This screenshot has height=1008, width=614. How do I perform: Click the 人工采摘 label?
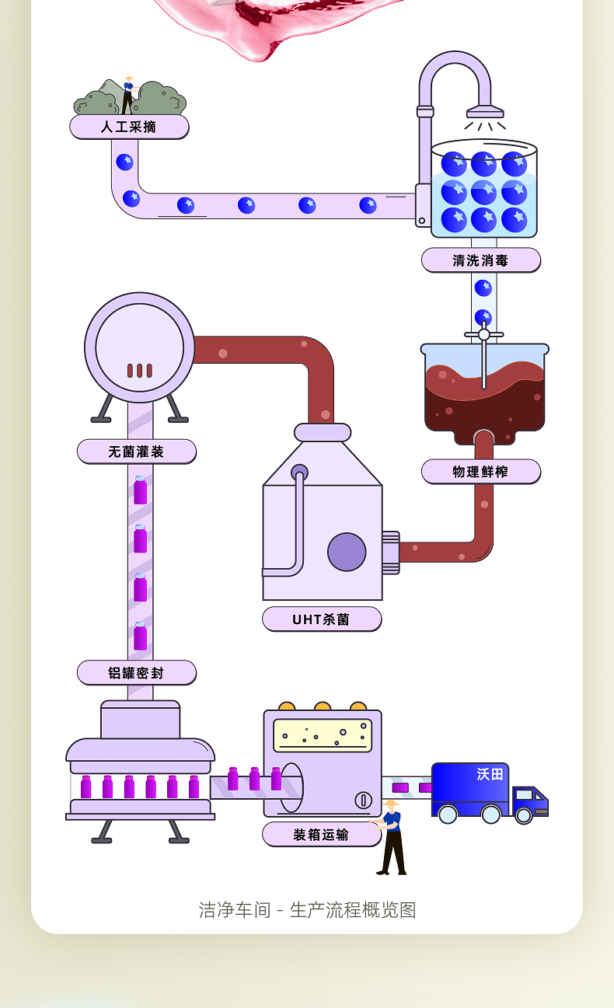point(129,127)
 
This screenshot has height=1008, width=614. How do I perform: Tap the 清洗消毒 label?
point(481,260)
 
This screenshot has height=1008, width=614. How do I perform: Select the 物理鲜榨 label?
point(481,472)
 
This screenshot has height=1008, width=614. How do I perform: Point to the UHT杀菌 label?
point(322,619)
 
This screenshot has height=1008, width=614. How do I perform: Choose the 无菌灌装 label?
point(136,452)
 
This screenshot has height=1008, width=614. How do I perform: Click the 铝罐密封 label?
point(136,673)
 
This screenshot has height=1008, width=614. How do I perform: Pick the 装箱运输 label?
point(322,834)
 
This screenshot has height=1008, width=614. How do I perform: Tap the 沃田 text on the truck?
point(490,774)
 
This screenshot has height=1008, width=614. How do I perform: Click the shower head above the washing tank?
point(485,112)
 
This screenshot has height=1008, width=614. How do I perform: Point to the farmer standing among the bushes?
point(129,95)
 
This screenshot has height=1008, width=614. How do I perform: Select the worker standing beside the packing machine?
point(391,837)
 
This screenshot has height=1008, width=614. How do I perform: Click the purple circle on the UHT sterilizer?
point(347,552)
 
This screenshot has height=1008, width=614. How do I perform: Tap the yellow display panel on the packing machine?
point(323,736)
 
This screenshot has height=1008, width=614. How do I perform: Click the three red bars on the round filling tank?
point(140,371)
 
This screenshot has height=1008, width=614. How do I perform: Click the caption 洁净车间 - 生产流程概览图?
point(308,909)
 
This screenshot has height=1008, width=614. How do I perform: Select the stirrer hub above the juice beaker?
point(484,334)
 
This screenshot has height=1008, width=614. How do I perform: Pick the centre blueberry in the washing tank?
point(484,192)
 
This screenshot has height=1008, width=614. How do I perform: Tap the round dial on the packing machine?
point(363,800)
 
